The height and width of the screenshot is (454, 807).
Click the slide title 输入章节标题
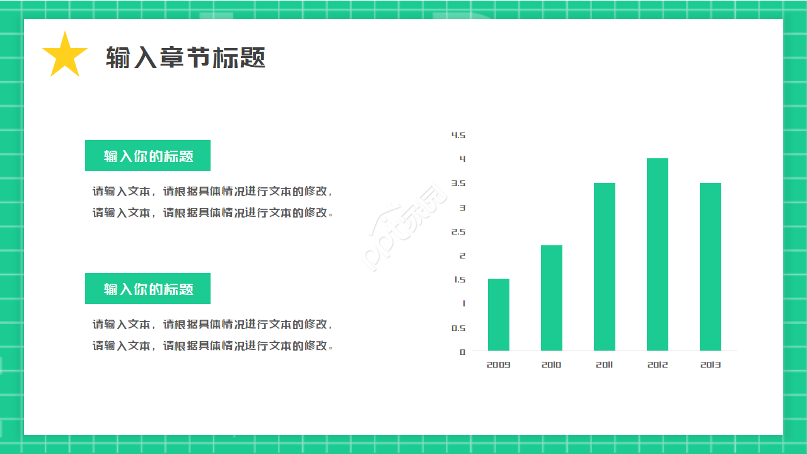point(185,57)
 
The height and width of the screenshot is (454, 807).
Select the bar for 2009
point(499,315)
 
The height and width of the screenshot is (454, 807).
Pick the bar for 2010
point(552,298)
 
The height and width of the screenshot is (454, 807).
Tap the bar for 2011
point(605,267)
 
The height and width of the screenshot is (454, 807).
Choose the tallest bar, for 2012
point(658,254)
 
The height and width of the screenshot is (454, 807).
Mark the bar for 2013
point(711,267)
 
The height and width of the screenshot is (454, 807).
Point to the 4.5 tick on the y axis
point(458,135)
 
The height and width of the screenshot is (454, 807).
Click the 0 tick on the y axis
point(463,352)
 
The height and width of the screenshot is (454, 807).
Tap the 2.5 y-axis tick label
point(458,231)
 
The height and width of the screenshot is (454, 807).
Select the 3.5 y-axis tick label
point(458,183)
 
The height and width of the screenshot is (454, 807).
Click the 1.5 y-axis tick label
point(459,280)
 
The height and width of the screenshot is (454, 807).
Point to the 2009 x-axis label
point(499,365)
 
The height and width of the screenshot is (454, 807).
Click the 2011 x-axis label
point(605,365)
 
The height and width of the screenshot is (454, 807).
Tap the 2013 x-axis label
point(711,365)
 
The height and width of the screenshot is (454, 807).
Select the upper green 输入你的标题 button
point(148,156)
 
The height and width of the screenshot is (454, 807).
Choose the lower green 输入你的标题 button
point(148,289)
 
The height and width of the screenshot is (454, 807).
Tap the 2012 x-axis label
point(658,365)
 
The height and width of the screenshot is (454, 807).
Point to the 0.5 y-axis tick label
point(458,328)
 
